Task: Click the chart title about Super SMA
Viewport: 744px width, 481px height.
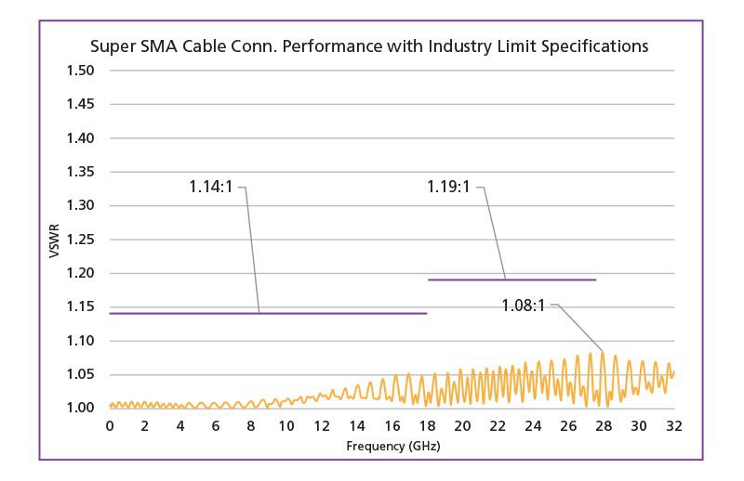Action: [x=368, y=45]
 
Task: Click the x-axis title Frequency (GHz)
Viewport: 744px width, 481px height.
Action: [x=392, y=446]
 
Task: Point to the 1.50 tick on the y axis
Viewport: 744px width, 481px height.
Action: [x=82, y=71]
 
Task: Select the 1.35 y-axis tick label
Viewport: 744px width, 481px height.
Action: [x=82, y=172]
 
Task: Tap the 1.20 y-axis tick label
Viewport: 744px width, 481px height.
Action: [x=82, y=273]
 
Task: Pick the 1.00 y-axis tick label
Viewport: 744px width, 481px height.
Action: [x=82, y=408]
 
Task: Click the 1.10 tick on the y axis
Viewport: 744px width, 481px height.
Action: [x=82, y=341]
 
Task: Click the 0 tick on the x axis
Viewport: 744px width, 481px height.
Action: [x=110, y=425]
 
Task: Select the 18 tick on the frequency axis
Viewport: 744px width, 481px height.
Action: [x=427, y=425]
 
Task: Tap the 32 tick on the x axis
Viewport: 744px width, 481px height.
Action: [x=674, y=425]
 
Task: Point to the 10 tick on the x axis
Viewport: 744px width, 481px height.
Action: [x=286, y=425]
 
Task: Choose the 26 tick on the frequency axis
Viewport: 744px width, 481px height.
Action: [x=568, y=425]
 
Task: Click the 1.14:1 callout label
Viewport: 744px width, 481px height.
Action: [x=212, y=187]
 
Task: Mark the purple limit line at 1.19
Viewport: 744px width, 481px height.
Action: [x=511, y=279]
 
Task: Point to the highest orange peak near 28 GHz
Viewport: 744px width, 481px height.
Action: [x=603, y=353]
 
